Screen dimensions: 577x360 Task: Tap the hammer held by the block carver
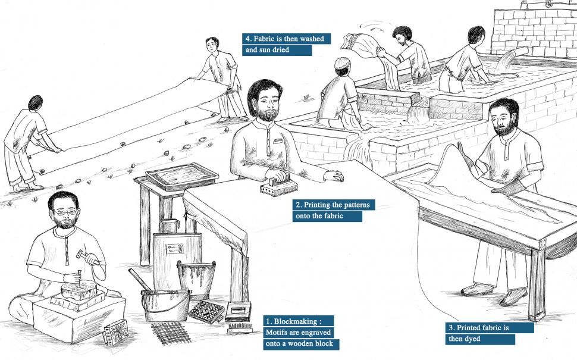87,257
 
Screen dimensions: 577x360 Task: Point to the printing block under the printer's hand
278,186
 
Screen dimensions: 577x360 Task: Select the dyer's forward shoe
513,296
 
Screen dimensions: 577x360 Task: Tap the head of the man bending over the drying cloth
35,102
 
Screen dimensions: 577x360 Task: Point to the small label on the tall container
175,249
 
